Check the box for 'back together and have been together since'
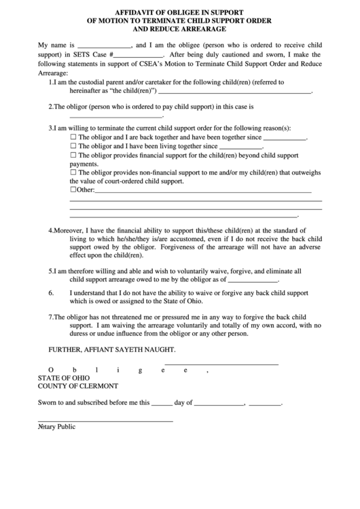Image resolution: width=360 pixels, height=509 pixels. coord(73,137)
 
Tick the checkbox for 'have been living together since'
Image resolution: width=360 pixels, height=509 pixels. coord(73,145)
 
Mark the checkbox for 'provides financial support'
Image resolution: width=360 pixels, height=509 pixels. coord(73,155)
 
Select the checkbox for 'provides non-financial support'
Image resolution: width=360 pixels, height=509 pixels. coord(73,173)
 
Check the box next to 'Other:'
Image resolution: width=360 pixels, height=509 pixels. coord(73,190)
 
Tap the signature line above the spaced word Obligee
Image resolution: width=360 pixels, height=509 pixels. coord(221,364)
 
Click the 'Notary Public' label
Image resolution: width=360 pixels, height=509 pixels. coord(56,427)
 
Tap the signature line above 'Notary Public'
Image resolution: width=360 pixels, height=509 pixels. coord(105,421)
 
